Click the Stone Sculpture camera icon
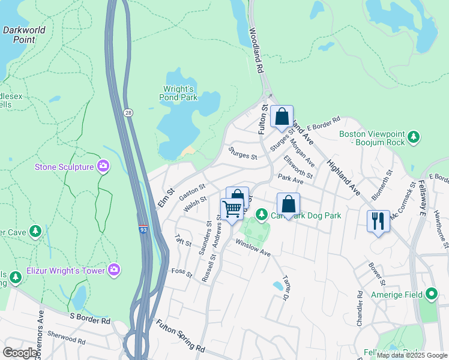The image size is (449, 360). coord(103,166)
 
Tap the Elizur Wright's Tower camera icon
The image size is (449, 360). coord(114,271)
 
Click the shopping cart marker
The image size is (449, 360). coord(231,209)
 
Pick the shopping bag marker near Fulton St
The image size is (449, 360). coord(282,116)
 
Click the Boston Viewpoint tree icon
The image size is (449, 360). coord(413,138)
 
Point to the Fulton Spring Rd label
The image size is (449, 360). coord(181,336)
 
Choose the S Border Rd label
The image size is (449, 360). coord(90,318)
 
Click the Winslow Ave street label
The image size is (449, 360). coord(253,247)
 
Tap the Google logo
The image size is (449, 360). coord(20,352)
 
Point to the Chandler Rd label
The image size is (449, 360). coord(359,307)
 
